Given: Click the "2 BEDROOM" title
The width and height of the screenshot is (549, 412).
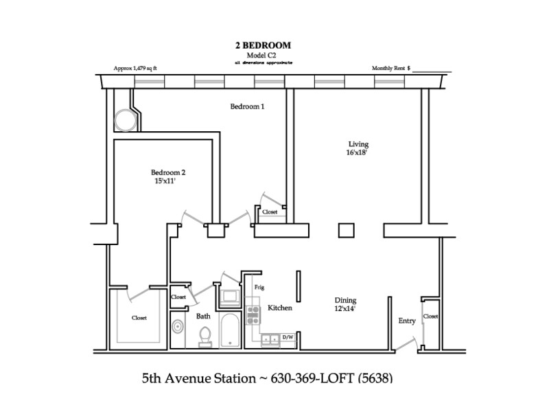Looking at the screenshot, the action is click(x=263, y=45).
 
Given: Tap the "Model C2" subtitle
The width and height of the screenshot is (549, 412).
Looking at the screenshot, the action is click(x=261, y=56).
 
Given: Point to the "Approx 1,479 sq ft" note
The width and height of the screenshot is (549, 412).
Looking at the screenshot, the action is click(x=135, y=68).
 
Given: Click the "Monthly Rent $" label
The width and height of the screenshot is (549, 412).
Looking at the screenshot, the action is click(x=391, y=68).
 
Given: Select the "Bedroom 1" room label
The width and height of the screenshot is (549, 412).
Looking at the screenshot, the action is click(x=247, y=106).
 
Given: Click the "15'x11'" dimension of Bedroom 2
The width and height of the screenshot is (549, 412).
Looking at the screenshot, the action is click(x=165, y=181).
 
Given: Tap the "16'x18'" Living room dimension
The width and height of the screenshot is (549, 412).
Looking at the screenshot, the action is click(x=356, y=152).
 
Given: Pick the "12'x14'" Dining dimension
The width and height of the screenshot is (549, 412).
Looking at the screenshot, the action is click(x=345, y=308).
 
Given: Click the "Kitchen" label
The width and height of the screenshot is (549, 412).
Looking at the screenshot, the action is click(x=280, y=308).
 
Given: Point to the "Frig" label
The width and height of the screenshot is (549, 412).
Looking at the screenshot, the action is click(x=259, y=287).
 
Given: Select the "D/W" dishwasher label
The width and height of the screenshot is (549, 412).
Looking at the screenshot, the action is click(x=288, y=337).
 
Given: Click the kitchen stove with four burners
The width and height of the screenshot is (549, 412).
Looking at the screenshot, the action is click(x=253, y=315).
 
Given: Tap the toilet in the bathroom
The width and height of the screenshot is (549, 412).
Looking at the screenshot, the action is click(x=205, y=336).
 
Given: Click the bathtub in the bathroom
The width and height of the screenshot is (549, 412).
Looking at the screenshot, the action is click(x=230, y=330).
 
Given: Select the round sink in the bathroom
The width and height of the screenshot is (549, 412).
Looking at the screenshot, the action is click(x=178, y=327).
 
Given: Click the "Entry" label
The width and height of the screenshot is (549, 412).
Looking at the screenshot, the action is click(x=407, y=321).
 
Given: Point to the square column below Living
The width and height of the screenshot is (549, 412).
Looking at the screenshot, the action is click(x=347, y=231).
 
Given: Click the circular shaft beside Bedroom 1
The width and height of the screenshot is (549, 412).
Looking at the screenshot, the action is click(x=126, y=120).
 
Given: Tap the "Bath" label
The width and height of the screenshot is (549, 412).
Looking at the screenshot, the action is click(x=203, y=317).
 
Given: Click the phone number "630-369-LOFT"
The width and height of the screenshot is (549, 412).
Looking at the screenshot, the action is click(x=313, y=378).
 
